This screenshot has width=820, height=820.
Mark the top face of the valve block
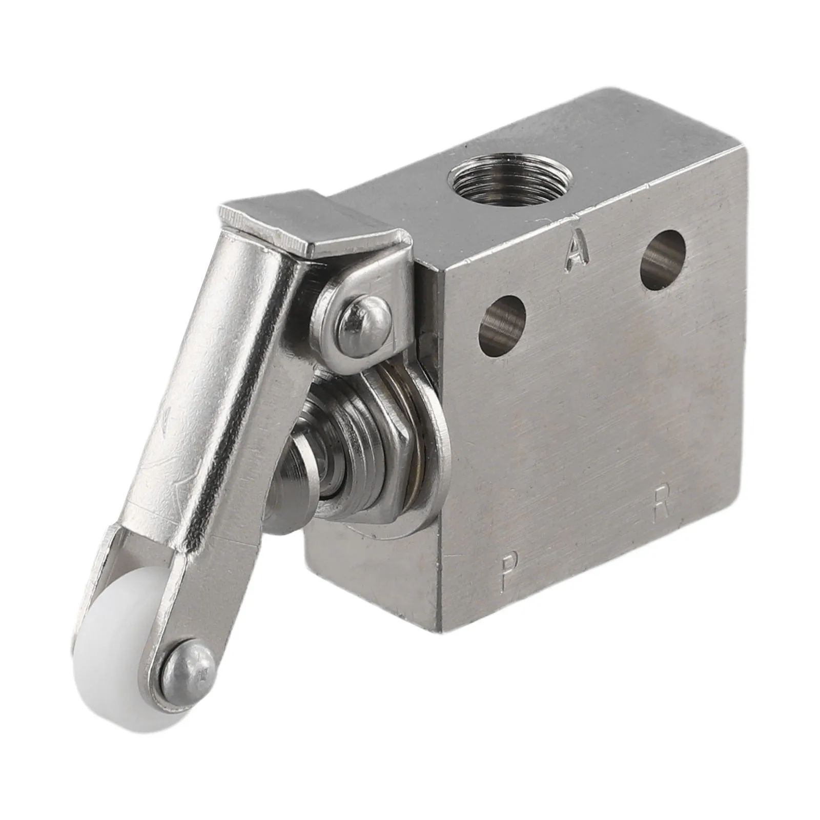coord(538,169)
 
